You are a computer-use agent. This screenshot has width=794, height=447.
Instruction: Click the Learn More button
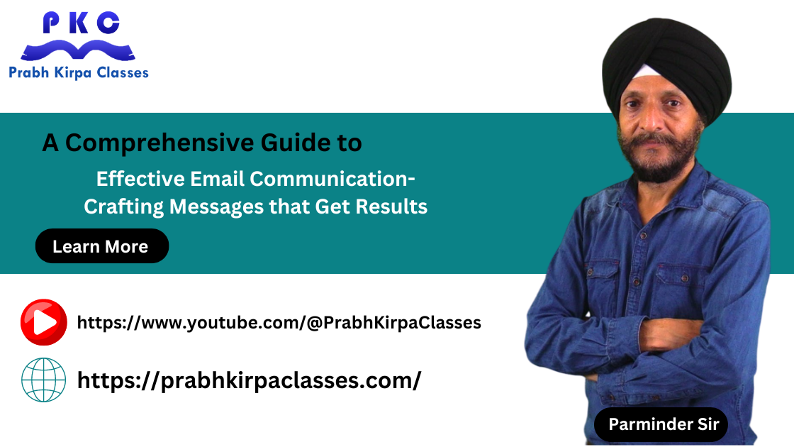(x=102, y=245)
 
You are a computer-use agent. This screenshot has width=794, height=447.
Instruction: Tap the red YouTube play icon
(x=43, y=322)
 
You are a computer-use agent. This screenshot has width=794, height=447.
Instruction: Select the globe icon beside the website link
(x=43, y=380)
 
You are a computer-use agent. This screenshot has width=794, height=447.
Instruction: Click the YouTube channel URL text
(x=279, y=323)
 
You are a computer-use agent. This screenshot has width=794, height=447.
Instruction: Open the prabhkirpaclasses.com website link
(x=249, y=380)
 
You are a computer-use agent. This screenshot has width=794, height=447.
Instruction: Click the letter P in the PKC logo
(x=51, y=23)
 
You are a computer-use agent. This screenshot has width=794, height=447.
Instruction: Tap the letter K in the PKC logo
(x=79, y=23)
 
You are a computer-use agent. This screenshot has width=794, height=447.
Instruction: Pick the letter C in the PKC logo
(x=108, y=23)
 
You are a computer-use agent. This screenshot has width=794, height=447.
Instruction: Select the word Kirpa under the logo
(x=72, y=73)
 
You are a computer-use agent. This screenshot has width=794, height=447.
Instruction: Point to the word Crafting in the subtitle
(x=123, y=207)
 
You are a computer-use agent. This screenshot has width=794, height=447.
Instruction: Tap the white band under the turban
(x=646, y=72)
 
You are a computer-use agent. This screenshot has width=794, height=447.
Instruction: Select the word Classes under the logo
(x=123, y=73)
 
